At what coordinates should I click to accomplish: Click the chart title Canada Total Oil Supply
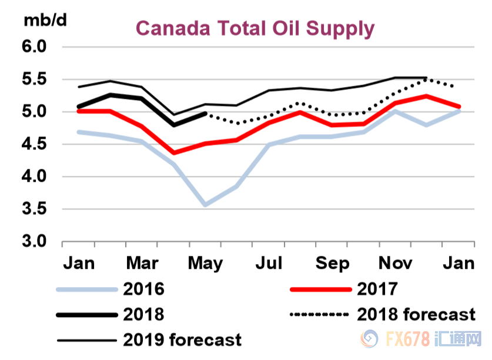[255, 28]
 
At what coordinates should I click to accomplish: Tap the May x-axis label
[205, 262]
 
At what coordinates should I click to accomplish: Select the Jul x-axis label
[269, 262]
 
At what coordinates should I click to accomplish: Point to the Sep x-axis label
[332, 262]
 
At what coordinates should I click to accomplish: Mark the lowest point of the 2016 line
[205, 205]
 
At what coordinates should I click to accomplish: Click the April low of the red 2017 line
[173, 153]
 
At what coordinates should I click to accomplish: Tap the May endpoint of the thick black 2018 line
[205, 114]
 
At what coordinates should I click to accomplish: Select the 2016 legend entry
[143, 289]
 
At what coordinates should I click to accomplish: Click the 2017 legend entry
[377, 289]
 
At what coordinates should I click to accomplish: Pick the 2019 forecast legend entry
[182, 339]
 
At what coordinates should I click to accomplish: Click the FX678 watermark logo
[411, 341]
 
